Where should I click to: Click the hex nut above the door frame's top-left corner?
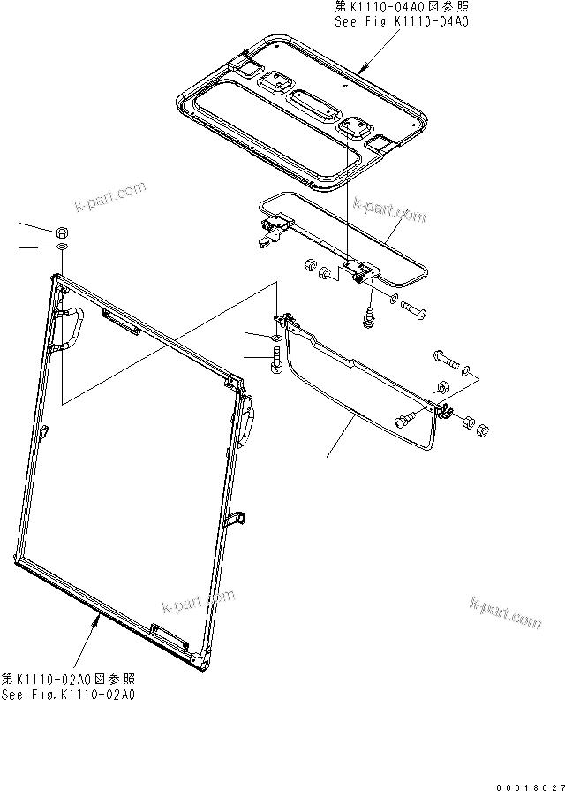[63, 232]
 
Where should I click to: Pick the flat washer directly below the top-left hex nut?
[63, 249]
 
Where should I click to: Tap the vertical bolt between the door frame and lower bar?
[277, 361]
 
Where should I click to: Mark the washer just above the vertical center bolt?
[276, 338]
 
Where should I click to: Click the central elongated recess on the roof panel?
[309, 105]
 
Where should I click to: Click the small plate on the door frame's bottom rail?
[169, 631]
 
